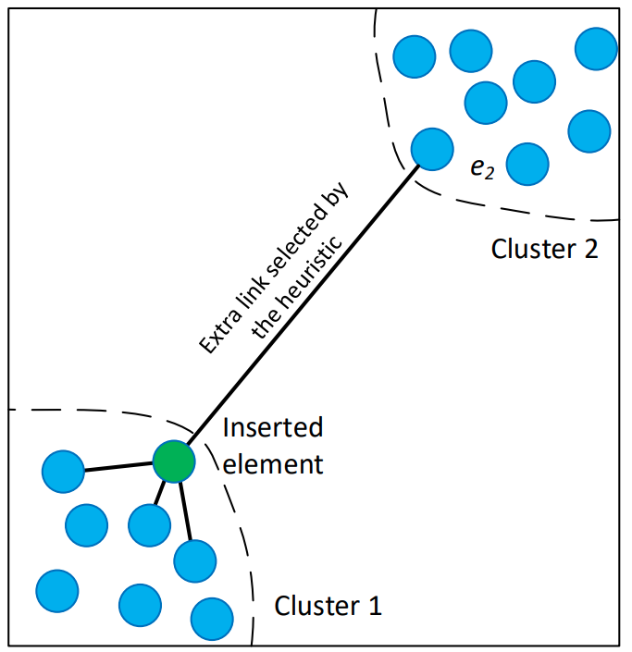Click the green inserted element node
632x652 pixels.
pos(174,461)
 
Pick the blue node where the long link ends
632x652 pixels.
pos(431,148)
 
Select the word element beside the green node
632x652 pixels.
pos(274,462)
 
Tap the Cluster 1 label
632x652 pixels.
pos(328,607)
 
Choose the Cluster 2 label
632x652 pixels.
pos(545,248)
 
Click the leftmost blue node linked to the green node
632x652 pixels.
pos(63,472)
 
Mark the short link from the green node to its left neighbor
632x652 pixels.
pos(118,467)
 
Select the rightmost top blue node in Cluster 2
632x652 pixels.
pos(596,49)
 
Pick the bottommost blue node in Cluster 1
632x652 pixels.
pos(212,618)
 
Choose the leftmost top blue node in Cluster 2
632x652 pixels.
pos(414,55)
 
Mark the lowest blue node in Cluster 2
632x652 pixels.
pos(527,164)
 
